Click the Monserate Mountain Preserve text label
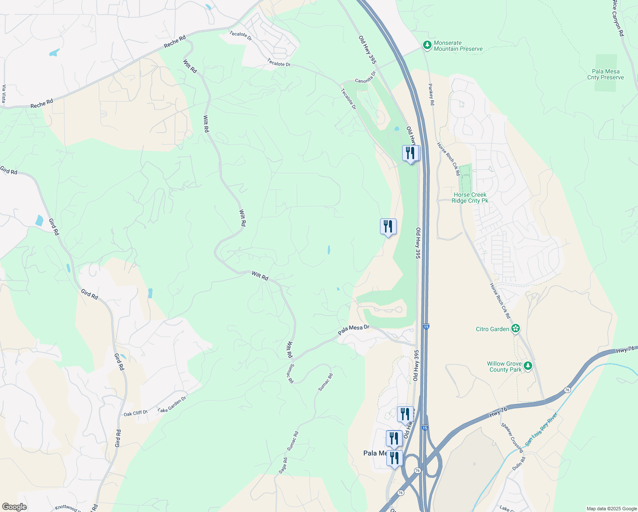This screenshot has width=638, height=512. [x=458, y=46]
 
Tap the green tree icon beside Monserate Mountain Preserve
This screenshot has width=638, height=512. [x=427, y=45]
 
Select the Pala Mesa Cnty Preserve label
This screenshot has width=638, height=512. [x=606, y=75]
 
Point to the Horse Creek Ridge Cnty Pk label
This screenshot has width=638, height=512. [x=470, y=198]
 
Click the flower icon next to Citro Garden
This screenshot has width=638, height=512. [x=516, y=329]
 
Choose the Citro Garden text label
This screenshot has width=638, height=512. [x=493, y=329]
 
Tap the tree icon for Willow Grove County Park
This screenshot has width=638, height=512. [x=528, y=366]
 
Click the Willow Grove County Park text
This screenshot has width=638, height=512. [x=505, y=367]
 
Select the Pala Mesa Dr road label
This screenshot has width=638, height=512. [x=354, y=329]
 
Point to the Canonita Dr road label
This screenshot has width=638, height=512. [x=366, y=77]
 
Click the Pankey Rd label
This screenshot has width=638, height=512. [x=431, y=94]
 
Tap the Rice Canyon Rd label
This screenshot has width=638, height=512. [x=618, y=17]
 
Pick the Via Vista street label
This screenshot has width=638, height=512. [x=4, y=94]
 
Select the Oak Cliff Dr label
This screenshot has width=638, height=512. [x=136, y=413]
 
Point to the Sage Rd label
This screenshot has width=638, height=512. [x=283, y=465]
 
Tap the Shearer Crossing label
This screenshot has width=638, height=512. [x=512, y=437]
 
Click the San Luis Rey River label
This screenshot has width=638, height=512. [x=541, y=430]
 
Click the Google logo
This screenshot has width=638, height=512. [x=14, y=507]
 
